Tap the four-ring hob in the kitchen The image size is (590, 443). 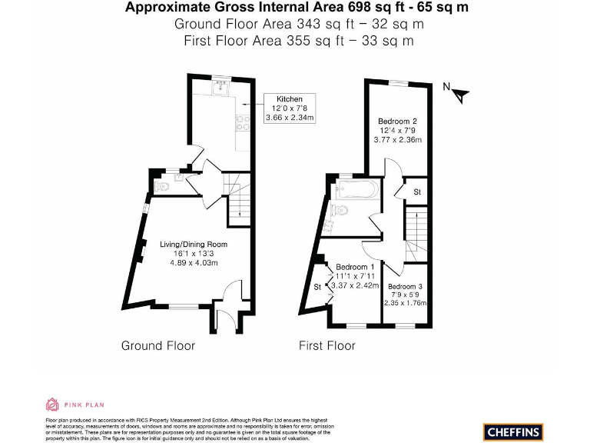click(240, 122)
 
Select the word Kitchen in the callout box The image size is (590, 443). click(290, 99)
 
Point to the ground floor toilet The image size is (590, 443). click(161, 186)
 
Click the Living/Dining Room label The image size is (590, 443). click(194, 245)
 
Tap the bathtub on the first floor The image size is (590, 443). click(354, 188)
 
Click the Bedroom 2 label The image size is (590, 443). click(397, 122)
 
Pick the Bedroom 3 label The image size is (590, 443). click(405, 286)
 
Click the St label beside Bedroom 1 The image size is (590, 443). click(317, 288)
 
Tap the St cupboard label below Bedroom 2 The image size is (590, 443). click(417, 192)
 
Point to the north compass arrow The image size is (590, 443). click(459, 95)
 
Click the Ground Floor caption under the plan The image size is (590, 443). click(158, 345)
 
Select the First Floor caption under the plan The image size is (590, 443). click(327, 345)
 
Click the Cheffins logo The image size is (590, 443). click(513, 431)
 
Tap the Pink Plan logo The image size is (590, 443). click(75, 405)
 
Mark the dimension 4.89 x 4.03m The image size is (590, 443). click(194, 263)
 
